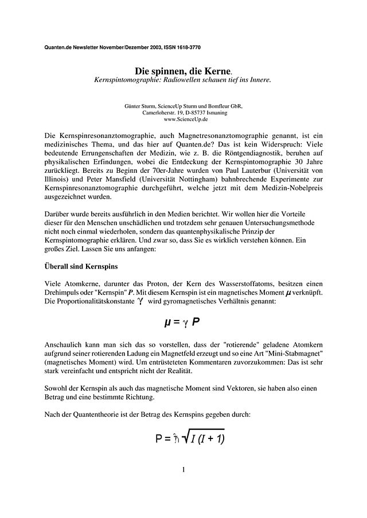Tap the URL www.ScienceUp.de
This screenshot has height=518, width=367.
[x=183, y=120]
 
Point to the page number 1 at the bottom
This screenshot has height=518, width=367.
[x=183, y=470]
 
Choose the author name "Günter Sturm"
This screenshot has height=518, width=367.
[x=140, y=106]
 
